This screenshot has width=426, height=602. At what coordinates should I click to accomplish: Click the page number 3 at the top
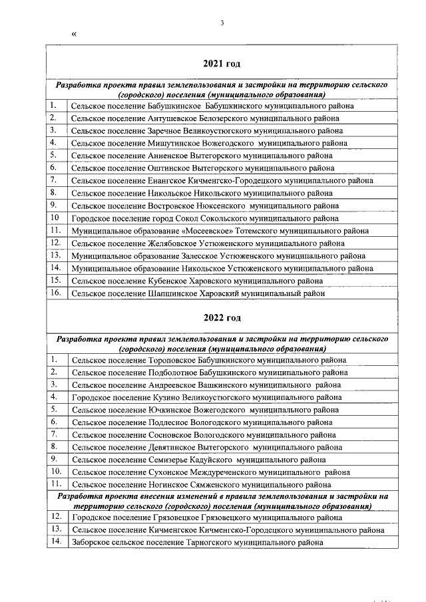coord(222,24)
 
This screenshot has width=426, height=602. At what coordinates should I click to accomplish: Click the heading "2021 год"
coord(221,64)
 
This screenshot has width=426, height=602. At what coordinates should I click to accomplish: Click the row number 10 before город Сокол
coord(55,218)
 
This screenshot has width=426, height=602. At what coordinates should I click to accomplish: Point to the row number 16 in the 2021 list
coord(56,292)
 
